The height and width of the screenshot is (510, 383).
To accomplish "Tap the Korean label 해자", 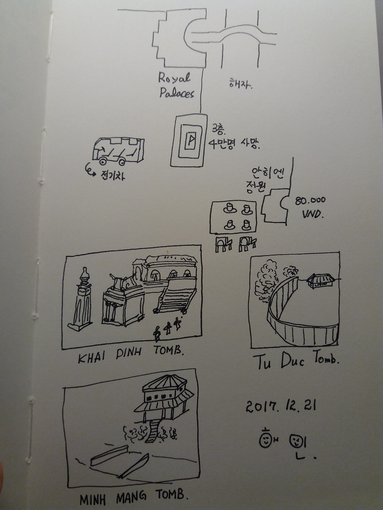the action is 239,84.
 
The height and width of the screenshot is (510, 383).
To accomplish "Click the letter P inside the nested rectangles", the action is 191,139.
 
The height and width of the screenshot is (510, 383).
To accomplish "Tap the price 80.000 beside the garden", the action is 311,200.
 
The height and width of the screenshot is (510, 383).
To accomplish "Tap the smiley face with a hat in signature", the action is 265,440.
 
